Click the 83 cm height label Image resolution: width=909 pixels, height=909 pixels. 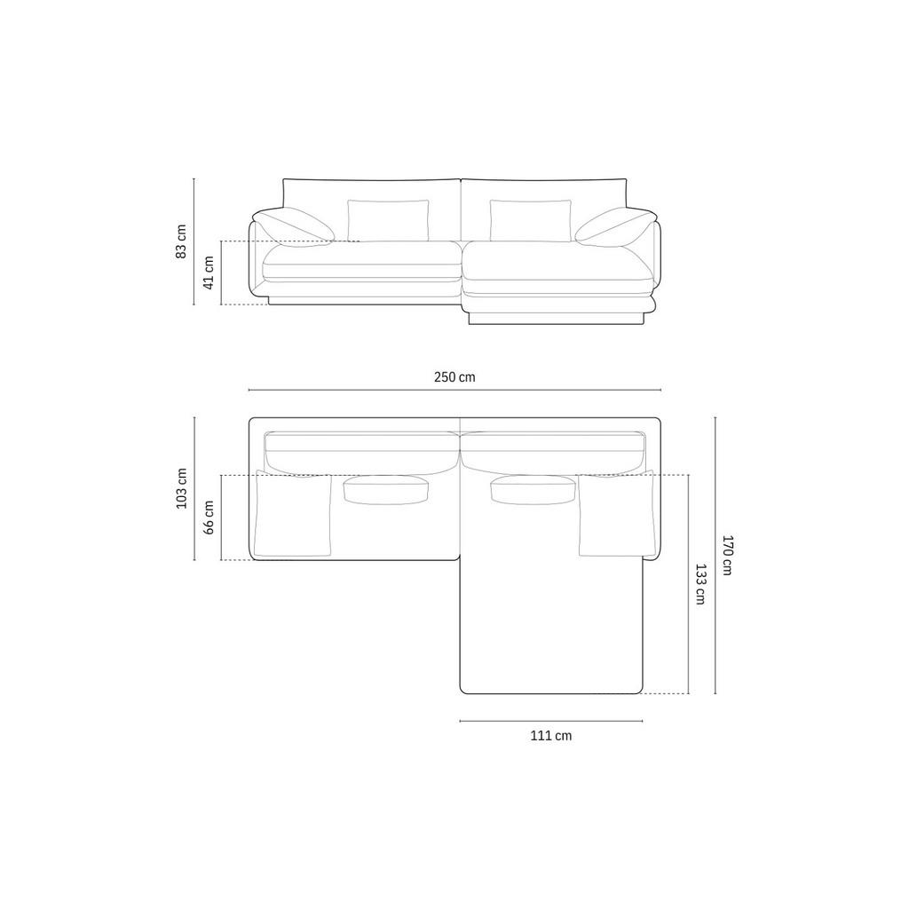(181, 241)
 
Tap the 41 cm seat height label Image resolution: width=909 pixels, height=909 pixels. (209, 273)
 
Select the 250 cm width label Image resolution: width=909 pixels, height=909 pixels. (454, 377)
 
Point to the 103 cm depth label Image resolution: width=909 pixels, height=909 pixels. (181, 488)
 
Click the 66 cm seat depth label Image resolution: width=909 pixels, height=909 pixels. (209, 518)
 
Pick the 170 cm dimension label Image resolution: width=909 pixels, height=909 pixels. (728, 555)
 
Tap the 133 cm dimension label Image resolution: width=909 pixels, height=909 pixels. (700, 584)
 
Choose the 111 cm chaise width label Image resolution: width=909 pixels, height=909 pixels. (550, 736)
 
